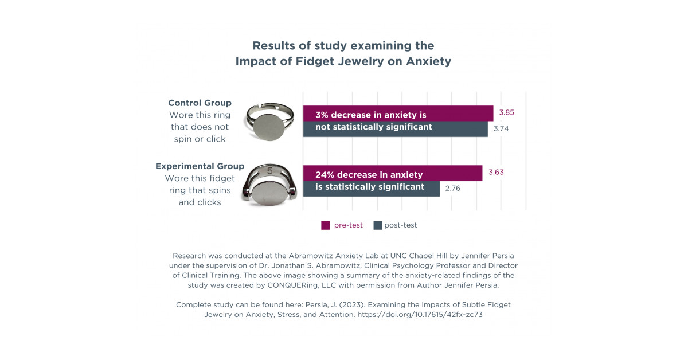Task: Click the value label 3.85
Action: click(507, 112)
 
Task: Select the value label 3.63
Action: click(497, 172)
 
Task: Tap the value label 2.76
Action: click(453, 188)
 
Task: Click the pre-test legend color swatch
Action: click(326, 225)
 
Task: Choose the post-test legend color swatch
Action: click(377, 225)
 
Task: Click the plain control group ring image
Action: click(269, 122)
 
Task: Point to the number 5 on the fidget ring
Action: click(269, 170)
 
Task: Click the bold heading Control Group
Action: click(200, 103)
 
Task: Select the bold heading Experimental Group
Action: click(200, 166)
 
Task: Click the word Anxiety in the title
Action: click(428, 61)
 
